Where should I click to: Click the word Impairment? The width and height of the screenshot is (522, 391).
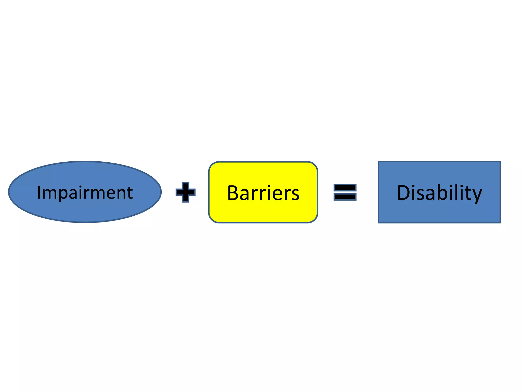85,192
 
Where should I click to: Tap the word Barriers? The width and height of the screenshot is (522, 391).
263,193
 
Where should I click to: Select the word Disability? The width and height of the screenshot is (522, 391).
439,193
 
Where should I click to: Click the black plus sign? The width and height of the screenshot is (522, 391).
186,192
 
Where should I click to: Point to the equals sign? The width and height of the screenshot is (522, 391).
345,192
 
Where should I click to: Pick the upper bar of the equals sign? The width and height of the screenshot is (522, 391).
345,188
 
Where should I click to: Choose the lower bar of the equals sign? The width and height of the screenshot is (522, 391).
345,197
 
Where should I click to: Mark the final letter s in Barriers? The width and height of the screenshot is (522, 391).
295,194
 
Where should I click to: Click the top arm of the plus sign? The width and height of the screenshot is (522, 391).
186,186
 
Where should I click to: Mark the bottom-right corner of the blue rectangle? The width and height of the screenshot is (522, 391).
500,222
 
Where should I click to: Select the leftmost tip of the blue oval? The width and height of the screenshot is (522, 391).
9,192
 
